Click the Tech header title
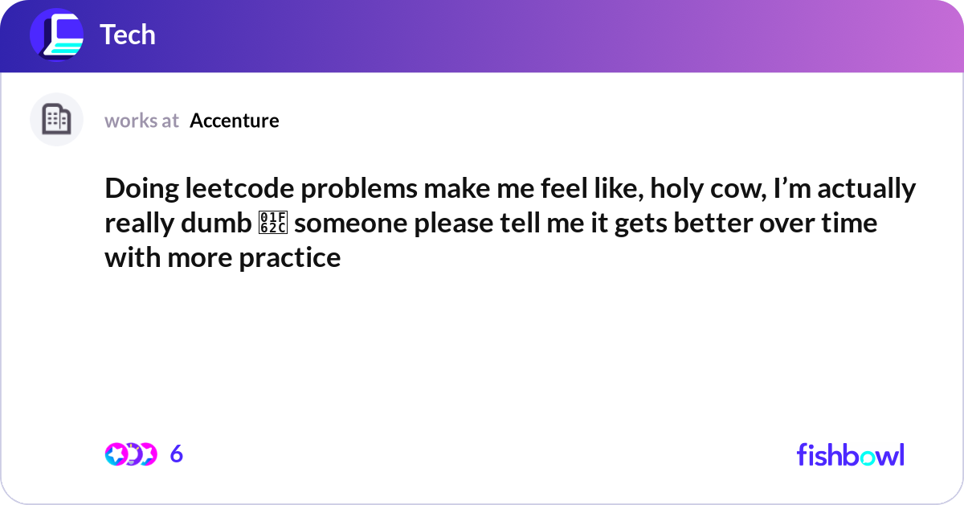coord(128,35)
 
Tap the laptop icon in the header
coord(57,35)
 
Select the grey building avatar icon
coord(56,119)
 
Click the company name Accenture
coord(234,121)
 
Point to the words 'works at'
coord(141,121)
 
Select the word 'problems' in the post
coord(359,189)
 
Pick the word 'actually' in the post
coord(866,189)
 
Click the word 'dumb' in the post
coord(216,223)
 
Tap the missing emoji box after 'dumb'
coord(273,223)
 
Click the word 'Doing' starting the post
coord(141,189)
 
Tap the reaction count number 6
coord(177,454)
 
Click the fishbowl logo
coord(851,455)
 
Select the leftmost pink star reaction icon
coord(116,454)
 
